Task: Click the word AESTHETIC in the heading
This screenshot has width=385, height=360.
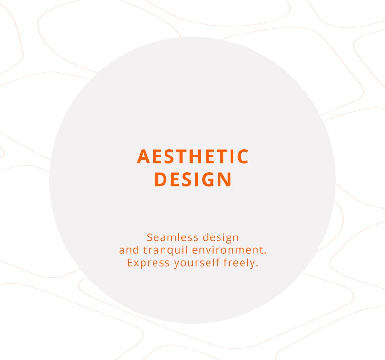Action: click(x=193, y=156)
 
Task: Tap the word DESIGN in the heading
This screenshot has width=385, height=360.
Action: click(x=193, y=180)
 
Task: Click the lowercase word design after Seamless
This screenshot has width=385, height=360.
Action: click(x=220, y=238)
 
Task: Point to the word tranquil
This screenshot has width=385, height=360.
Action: click(x=165, y=250)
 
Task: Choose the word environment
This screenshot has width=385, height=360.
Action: click(x=227, y=250)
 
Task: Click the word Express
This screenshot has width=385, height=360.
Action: click(x=148, y=263)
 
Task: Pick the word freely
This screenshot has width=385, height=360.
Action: click(x=239, y=263)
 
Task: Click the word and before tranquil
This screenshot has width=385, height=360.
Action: click(x=129, y=250)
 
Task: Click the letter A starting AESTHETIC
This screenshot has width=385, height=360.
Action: click(x=143, y=156)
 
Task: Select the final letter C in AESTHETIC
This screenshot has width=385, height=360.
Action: click(x=243, y=156)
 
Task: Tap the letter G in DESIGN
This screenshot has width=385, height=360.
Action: click(x=208, y=180)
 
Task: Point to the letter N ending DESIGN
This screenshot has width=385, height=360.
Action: click(x=225, y=180)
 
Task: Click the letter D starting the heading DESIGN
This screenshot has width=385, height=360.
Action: click(x=161, y=180)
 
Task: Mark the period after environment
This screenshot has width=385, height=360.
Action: click(x=265, y=253)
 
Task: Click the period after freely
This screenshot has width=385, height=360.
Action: click(x=257, y=266)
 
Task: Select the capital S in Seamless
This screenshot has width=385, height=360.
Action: click(x=150, y=237)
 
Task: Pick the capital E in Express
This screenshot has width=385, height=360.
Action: click(x=130, y=263)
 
